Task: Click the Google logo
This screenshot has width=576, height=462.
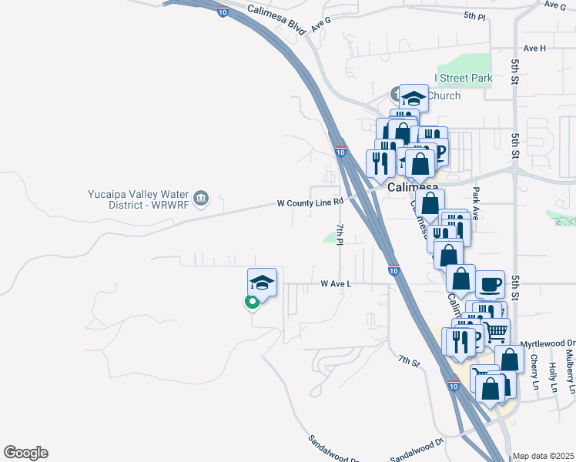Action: [25, 453]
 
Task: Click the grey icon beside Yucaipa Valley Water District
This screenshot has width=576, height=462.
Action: [201, 199]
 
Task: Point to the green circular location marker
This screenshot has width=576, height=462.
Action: [251, 302]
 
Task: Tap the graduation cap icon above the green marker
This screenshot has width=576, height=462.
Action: [262, 283]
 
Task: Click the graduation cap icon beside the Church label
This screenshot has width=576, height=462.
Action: [414, 98]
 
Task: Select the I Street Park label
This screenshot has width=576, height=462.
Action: [463, 78]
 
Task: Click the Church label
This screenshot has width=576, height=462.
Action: [444, 95]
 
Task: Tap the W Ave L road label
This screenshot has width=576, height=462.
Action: [336, 284]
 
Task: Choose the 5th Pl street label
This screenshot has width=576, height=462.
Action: [475, 15]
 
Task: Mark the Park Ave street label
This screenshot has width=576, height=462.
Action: [476, 204]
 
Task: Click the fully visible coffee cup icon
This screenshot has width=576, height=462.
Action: [490, 285]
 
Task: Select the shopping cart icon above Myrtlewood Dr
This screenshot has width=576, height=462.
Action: [496, 332]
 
